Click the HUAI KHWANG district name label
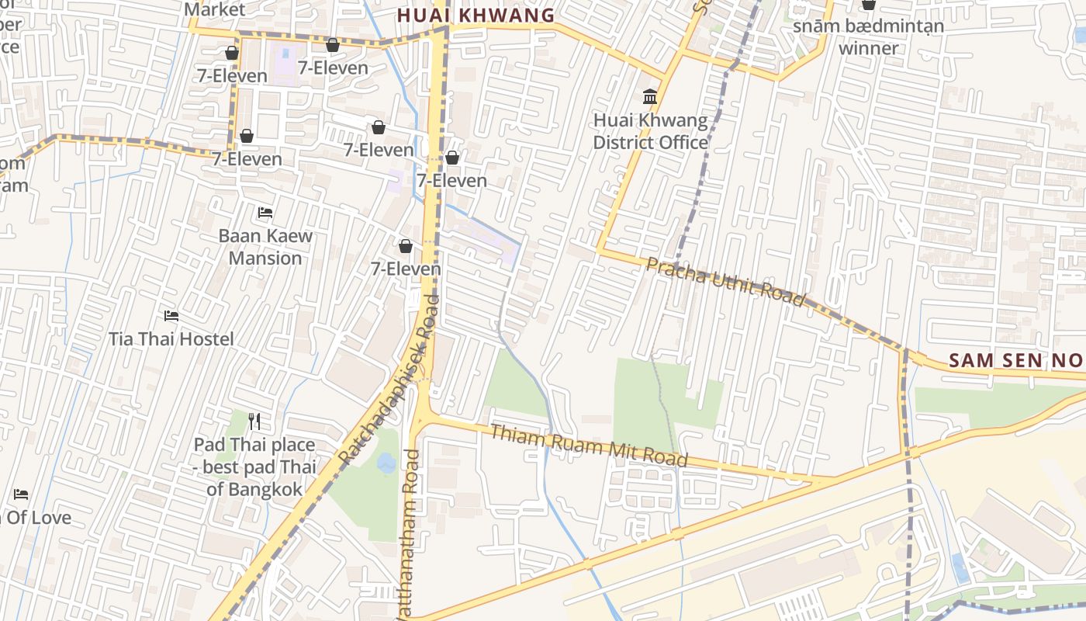(x=476, y=15)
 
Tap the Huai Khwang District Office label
(x=650, y=131)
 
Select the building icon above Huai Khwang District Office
(x=650, y=97)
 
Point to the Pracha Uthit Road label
(x=725, y=282)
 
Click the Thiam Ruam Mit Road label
(x=589, y=446)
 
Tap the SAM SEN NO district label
(x=1015, y=360)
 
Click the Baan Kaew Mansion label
(x=265, y=247)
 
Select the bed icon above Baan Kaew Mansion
(x=265, y=213)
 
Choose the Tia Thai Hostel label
(x=171, y=339)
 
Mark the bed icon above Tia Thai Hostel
(x=171, y=316)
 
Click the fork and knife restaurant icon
(x=254, y=422)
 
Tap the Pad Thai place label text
(x=254, y=467)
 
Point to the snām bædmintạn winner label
(x=868, y=36)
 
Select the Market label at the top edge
(x=215, y=9)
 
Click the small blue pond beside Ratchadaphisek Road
(x=386, y=463)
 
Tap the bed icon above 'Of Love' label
(x=21, y=494)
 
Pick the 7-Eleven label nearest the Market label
(x=231, y=75)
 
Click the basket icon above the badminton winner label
(x=869, y=5)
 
